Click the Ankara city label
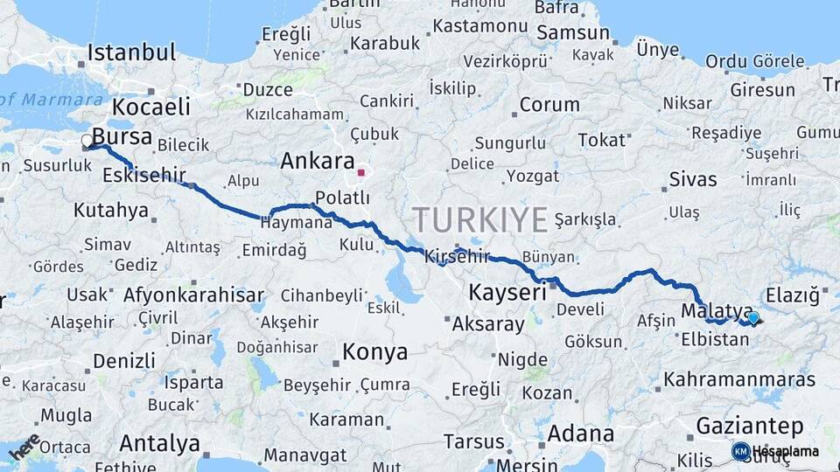tap(317, 161)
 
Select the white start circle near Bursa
tap(87, 141)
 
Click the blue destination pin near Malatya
tap(752, 318)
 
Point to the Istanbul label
tap(131, 52)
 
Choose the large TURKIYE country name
tap(480, 219)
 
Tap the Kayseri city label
tap(507, 292)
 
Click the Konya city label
tap(374, 352)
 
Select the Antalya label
tap(159, 443)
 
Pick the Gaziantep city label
tap(750, 427)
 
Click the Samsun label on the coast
tap(573, 33)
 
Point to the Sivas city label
tap(692, 180)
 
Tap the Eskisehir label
tap(144, 176)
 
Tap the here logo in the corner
tap(24, 446)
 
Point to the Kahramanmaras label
tap(739, 379)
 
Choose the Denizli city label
tap(123, 360)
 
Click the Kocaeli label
tap(150, 107)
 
